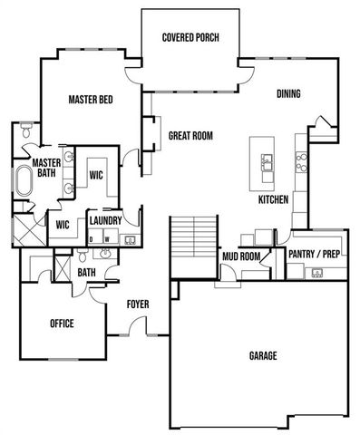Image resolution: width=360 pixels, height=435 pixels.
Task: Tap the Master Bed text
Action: tap(91, 100)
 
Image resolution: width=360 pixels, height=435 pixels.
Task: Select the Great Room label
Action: tap(190, 136)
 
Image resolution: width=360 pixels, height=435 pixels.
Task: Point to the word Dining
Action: tap(288, 94)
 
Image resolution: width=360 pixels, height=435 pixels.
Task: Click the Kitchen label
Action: tap(273, 198)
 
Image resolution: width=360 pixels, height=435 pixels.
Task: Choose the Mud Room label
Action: tap(241, 256)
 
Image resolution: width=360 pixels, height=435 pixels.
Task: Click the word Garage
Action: tap(263, 355)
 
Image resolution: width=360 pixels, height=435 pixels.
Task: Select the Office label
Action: tap(62, 324)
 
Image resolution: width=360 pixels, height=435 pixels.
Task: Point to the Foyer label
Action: tap(138, 304)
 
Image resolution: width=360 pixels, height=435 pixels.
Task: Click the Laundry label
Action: tap(105, 220)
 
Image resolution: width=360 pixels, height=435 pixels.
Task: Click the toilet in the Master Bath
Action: tap(26, 132)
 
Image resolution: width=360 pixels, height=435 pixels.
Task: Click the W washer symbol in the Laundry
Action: tap(108, 240)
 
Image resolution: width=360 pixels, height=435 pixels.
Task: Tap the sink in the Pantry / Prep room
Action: tap(317, 272)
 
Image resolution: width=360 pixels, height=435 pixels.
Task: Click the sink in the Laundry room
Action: tap(129, 240)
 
